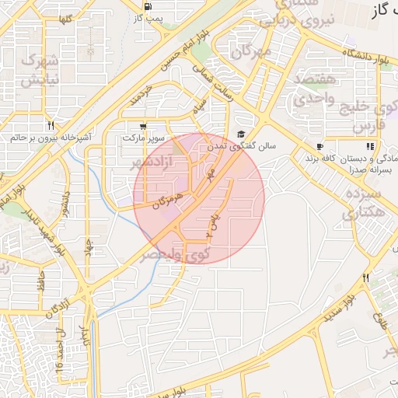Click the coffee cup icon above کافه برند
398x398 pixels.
click(x=319, y=146)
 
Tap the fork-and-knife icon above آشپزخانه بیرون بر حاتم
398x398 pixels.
click(x=51, y=125)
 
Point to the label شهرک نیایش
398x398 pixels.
click(x=41, y=70)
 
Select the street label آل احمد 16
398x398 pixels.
click(x=59, y=349)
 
